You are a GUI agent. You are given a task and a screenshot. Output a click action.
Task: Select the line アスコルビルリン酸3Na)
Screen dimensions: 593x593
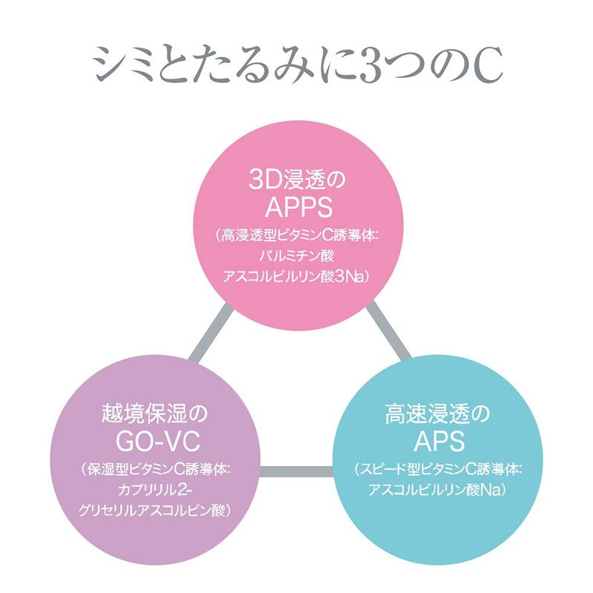click(296, 276)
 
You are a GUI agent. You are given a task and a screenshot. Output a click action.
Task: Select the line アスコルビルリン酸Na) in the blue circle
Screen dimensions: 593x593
click(439, 490)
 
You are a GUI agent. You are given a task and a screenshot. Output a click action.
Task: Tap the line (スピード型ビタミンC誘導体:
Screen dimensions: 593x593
click(439, 469)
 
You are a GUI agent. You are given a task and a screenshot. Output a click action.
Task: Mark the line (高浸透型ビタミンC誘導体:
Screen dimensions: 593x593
click(296, 236)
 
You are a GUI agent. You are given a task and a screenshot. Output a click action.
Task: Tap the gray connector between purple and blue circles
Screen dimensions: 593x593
click(296, 470)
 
